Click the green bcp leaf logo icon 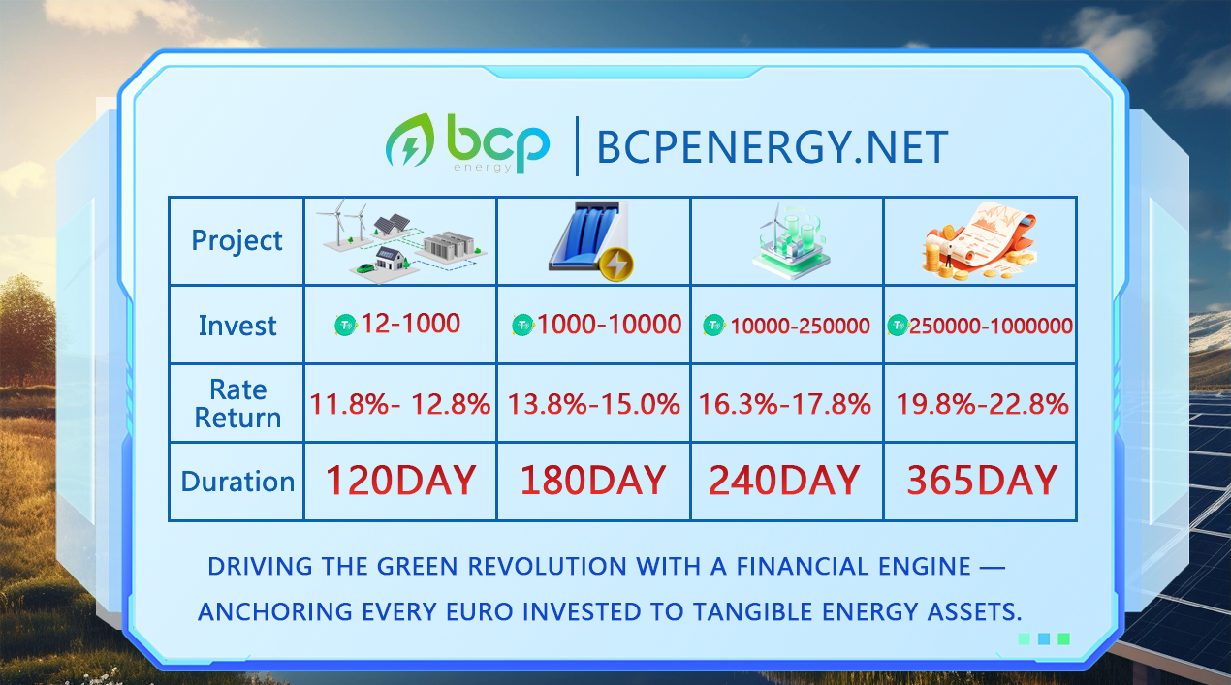click(x=410, y=140)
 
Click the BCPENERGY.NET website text click(x=773, y=147)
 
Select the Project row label click(x=237, y=240)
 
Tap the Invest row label click(x=237, y=326)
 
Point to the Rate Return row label click(x=237, y=404)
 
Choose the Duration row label click(x=237, y=482)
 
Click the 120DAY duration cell click(x=400, y=481)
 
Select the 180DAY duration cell click(x=593, y=481)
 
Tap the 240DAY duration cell click(x=784, y=481)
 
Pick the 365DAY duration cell click(x=982, y=481)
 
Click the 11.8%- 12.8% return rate click(x=399, y=404)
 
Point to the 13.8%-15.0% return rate click(x=593, y=404)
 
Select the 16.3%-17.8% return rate click(x=785, y=404)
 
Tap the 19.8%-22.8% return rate click(x=983, y=404)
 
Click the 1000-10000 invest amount click(x=609, y=325)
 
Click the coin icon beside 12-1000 click(x=346, y=326)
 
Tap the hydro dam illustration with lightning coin click(x=591, y=240)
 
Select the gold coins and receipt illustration click(x=979, y=240)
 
